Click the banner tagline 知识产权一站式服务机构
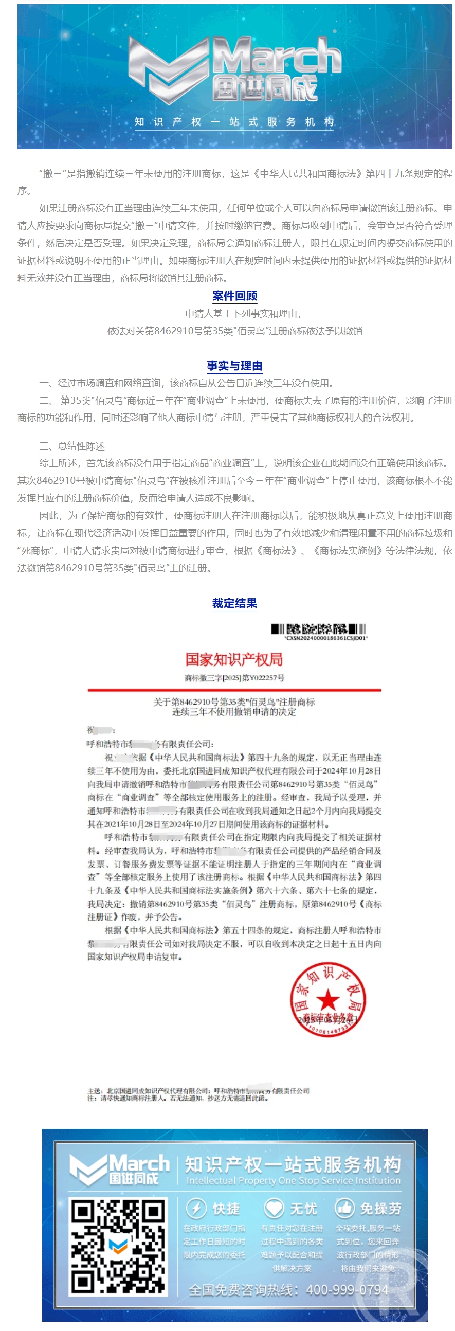tap(234, 122)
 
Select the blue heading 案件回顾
tap(234, 296)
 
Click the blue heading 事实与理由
tap(234, 366)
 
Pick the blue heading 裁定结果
tap(234, 603)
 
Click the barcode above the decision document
tap(318, 629)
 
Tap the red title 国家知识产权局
tap(234, 659)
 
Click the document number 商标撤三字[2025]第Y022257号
tap(234, 677)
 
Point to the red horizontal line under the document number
tap(234, 690)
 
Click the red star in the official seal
tap(327, 1000)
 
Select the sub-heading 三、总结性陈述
tap(72, 446)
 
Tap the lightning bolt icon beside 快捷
tap(196, 1209)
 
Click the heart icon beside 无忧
tap(273, 1208)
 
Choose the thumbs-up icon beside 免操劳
tap(344, 1208)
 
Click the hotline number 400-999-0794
tap(347, 1290)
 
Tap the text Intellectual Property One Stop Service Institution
tap(293, 1181)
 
